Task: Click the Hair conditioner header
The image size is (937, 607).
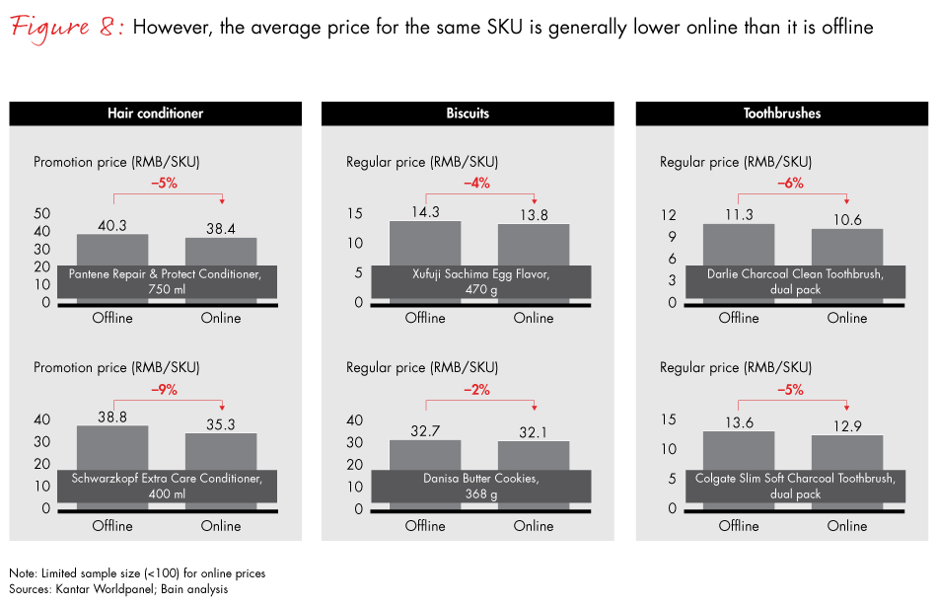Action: coord(155,114)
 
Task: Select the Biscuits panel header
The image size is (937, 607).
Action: coord(468,114)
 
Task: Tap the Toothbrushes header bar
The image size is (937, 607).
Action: coord(782,114)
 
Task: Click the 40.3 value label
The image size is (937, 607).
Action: coord(112,226)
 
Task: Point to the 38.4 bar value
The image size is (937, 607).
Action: coord(221,228)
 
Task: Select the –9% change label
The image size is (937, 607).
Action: coord(164,390)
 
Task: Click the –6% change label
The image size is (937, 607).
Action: coord(790,183)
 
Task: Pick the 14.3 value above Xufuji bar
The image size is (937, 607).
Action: coord(425,211)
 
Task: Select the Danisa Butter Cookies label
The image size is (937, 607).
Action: coord(481,486)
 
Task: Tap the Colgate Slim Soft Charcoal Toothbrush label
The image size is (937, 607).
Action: coord(794,486)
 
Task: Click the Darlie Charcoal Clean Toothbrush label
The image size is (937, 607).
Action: coord(794,281)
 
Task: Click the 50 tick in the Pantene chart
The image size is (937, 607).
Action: coord(41,213)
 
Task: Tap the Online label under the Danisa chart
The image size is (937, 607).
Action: coord(534,526)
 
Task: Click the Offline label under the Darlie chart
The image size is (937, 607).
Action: coord(739,318)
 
